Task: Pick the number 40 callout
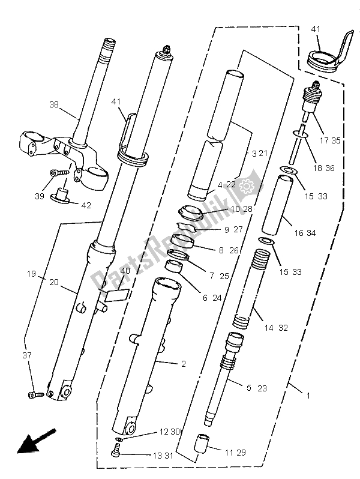124,271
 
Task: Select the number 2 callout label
176,364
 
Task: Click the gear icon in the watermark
246,188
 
